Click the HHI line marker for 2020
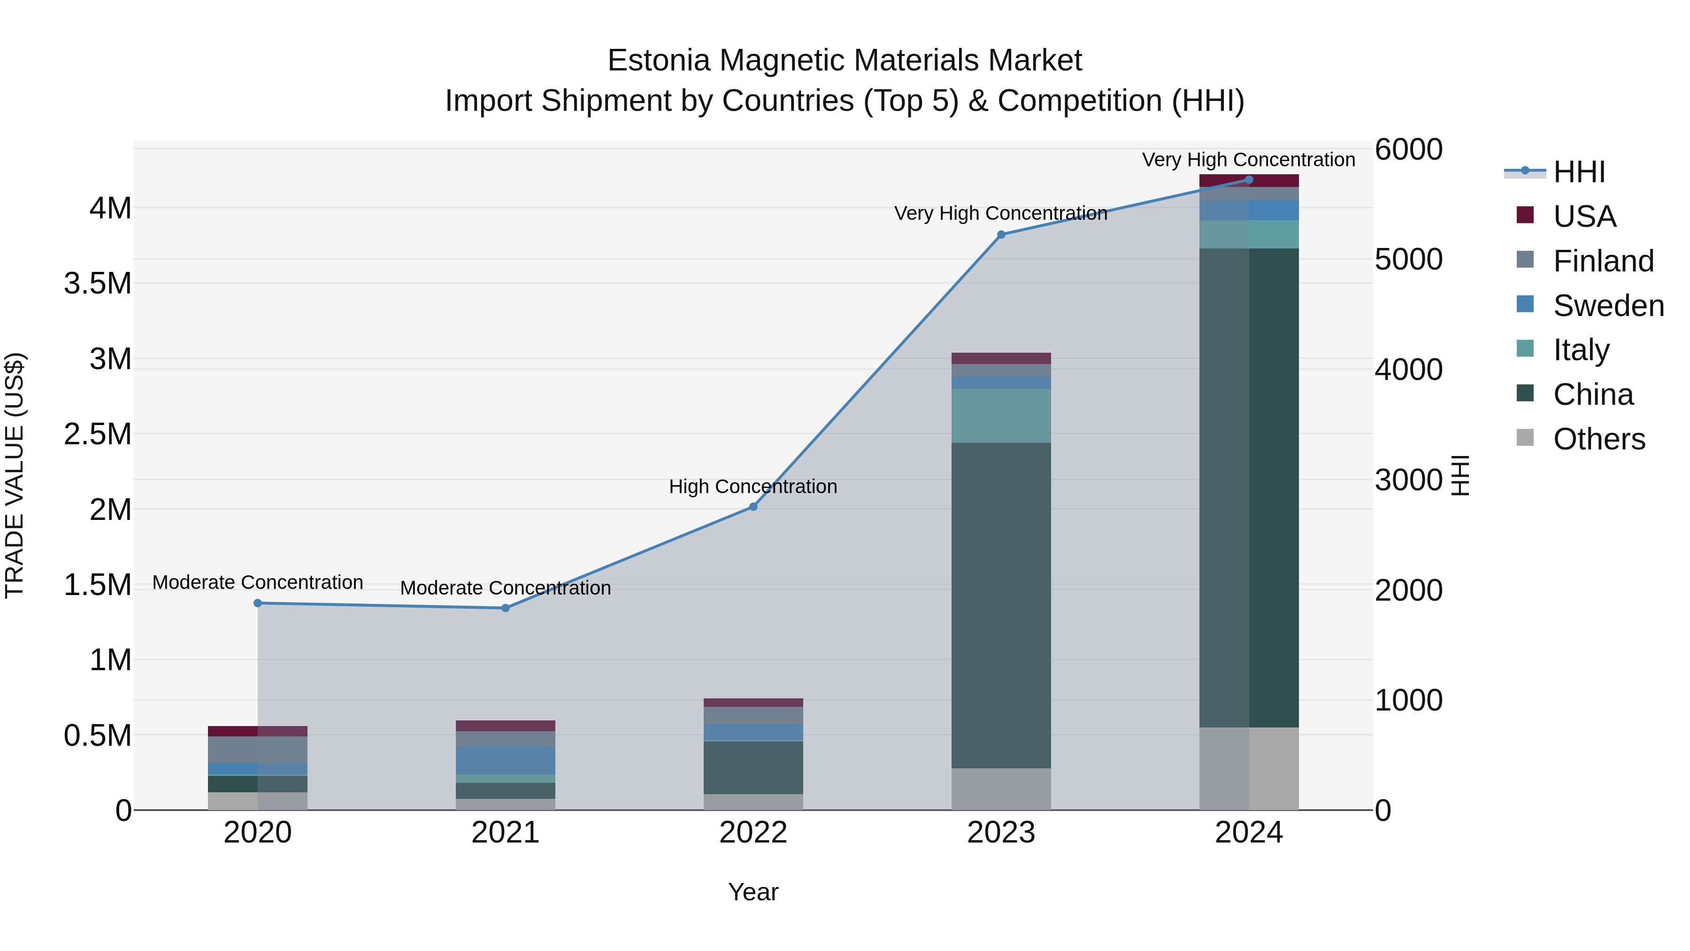[258, 603]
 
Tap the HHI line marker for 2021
[505, 608]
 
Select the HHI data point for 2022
[753, 507]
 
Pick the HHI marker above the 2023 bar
[1001, 234]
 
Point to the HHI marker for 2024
[1249, 180]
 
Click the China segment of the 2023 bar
[1001, 604]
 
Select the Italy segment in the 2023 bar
[1001, 416]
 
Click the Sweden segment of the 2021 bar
[505, 761]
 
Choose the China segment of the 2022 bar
[753, 767]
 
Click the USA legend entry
[1584, 216]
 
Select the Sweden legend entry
[1607, 306]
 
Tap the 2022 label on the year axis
[753, 833]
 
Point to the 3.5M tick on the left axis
[98, 284]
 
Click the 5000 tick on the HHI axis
[1408, 259]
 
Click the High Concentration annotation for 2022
[753, 487]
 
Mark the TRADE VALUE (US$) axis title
[15, 475]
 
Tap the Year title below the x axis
[753, 892]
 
